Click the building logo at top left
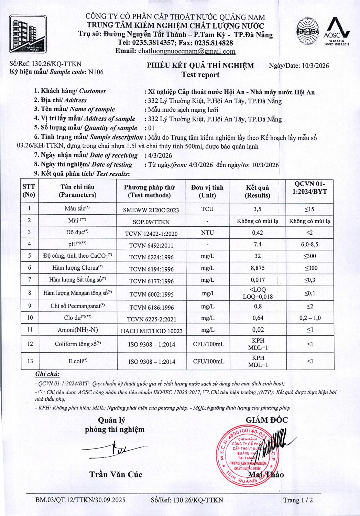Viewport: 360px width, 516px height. tap(28, 34)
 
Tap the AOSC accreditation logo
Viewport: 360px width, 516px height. tap(337, 32)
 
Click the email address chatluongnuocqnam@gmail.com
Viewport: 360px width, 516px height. tap(187, 51)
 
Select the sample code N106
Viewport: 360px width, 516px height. tap(96, 72)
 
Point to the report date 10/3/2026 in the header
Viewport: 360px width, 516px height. tap(315, 66)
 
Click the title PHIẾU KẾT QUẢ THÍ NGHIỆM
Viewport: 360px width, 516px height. tap(200, 66)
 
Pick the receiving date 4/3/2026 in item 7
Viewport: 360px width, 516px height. tap(159, 155)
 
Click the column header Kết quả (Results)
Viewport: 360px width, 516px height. tap(258, 191)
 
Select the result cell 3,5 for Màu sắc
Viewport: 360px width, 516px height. tap(257, 209)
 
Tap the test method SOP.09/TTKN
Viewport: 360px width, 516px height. tap(151, 222)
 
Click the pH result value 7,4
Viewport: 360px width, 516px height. tap(257, 244)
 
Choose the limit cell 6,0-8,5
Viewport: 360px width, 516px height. tap(310, 244)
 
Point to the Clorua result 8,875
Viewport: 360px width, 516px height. tap(258, 268)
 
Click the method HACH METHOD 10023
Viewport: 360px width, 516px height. tap(152, 331)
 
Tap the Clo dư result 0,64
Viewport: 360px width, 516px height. tap(258, 318)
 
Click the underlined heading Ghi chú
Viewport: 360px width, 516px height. tap(47, 374)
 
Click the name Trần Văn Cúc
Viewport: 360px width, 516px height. tap(116, 474)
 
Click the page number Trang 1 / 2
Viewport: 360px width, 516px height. tap(298, 500)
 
